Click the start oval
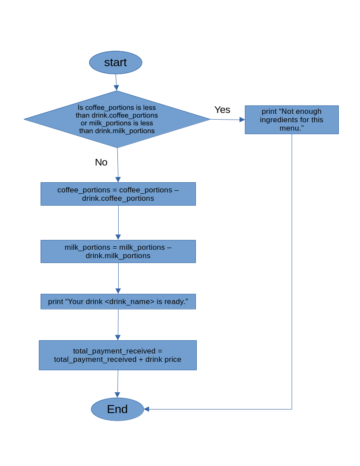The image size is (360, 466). click(116, 63)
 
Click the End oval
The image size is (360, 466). click(117, 409)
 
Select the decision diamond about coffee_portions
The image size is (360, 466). click(117, 119)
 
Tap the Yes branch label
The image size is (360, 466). click(222, 110)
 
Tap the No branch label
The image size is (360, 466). click(101, 162)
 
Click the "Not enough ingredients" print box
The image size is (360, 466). click(292, 120)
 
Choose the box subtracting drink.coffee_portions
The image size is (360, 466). click(118, 194)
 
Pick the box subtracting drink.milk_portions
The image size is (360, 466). click(118, 252)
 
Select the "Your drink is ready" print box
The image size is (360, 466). click(118, 302)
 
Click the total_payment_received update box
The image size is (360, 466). click(117, 355)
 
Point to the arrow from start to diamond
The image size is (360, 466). click(116, 83)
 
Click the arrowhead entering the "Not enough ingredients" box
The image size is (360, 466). click(242, 120)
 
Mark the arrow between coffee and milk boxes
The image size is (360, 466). click(118, 223)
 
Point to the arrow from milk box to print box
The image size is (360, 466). click(118, 278)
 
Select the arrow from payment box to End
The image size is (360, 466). click(117, 384)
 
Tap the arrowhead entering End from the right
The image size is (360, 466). click(146, 409)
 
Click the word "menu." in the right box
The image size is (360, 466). click(292, 128)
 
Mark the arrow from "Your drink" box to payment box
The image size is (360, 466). click(118, 325)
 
